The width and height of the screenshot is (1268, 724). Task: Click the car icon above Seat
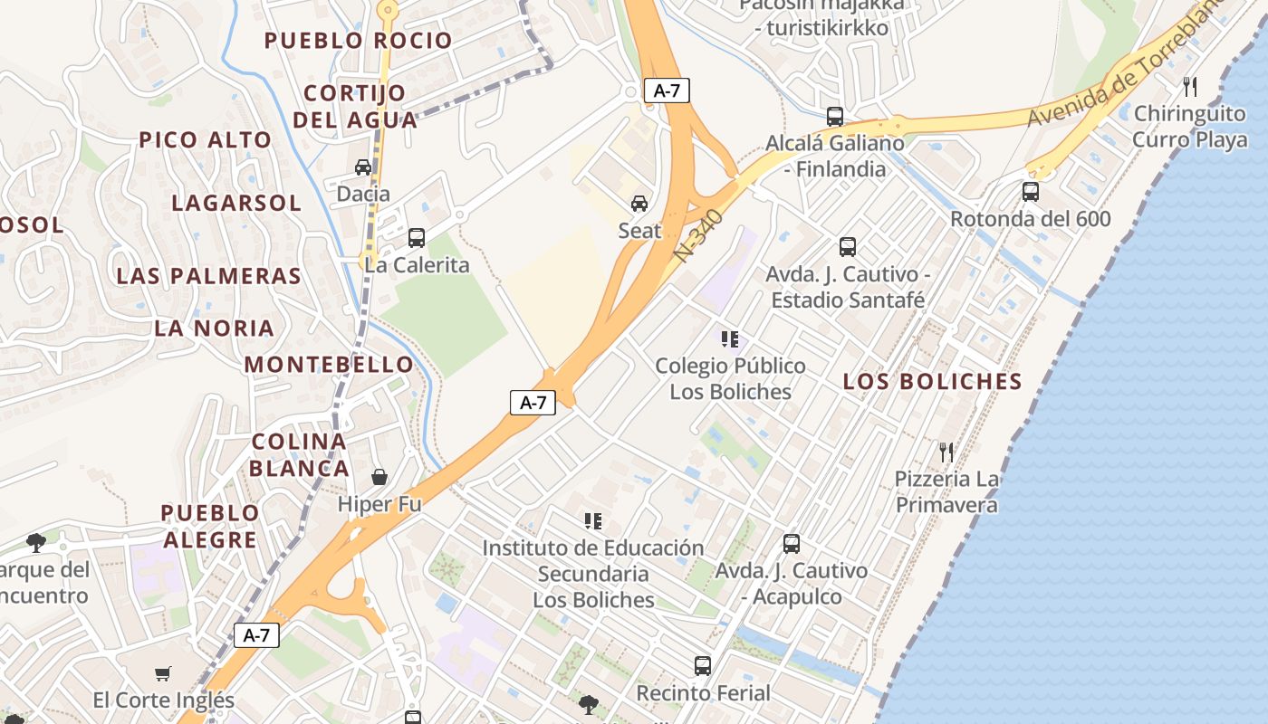coord(639,203)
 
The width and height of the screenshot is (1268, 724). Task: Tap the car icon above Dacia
coord(363,167)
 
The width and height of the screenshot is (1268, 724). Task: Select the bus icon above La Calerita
coord(417,238)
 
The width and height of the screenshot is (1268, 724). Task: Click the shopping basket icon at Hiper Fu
coord(379,477)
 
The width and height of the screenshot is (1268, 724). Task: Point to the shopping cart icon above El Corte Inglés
coord(163,673)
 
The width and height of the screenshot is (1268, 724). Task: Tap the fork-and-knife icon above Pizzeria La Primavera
coord(946,452)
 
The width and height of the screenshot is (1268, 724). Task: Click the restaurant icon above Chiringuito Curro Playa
coord(1190,87)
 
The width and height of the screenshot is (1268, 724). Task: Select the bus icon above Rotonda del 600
coord(1031,192)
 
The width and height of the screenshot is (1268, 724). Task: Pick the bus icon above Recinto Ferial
coord(703,666)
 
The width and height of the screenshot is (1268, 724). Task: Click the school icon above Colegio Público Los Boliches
coord(730,339)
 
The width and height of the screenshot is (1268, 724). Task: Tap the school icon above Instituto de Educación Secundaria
coord(593,521)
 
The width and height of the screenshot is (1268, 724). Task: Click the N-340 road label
coord(699,237)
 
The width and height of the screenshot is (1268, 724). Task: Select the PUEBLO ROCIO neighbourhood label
coord(358,41)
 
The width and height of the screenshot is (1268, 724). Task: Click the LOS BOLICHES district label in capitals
coord(933,382)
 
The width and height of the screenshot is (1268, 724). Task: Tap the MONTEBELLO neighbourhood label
coord(329,365)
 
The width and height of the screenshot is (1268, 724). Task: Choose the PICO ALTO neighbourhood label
coord(205,140)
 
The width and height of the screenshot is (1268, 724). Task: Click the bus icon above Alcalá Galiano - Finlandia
coord(835,117)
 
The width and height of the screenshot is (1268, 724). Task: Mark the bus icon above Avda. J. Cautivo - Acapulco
coord(792,544)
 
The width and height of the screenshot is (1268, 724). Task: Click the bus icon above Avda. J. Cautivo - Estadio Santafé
coord(848,247)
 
